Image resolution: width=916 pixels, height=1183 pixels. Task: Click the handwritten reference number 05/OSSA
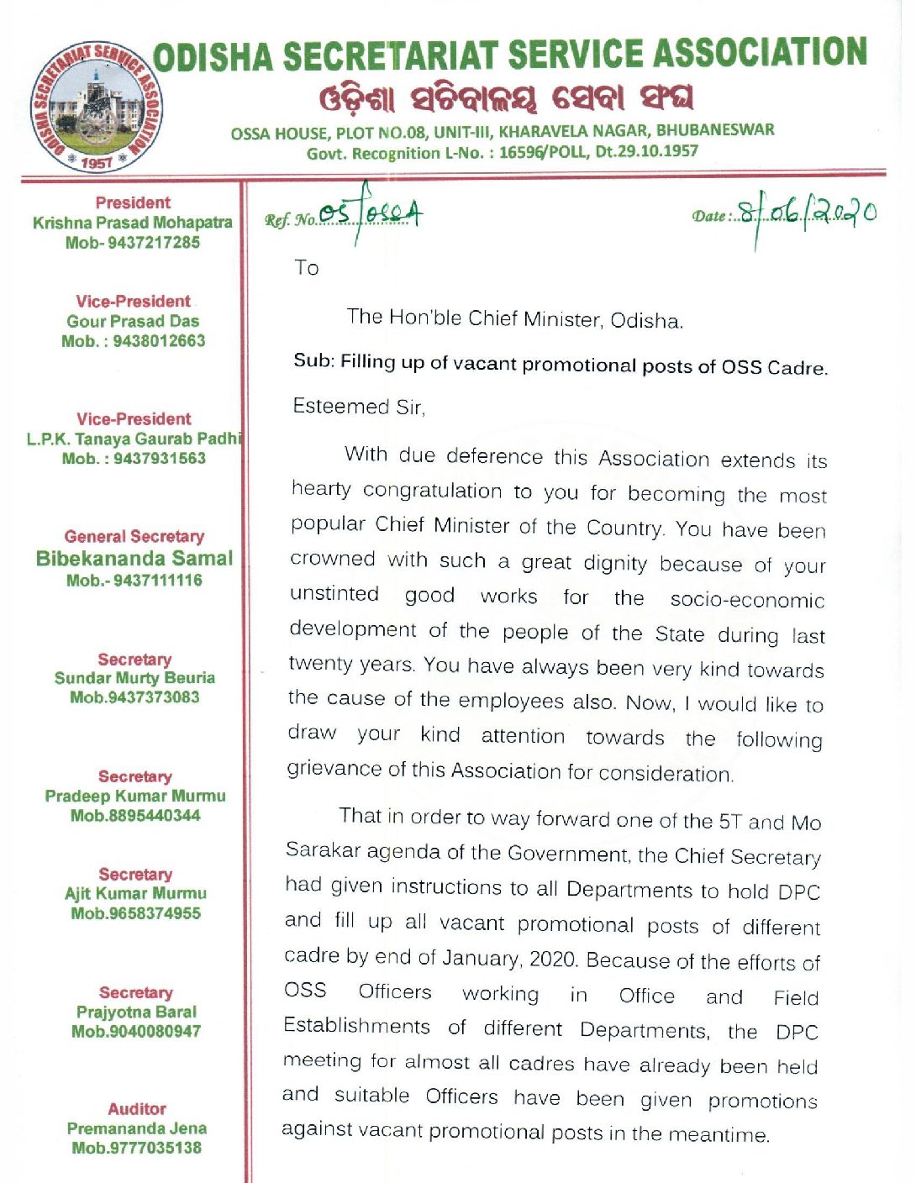pos(370,214)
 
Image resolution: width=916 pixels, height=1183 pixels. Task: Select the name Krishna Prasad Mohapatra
pos(133,223)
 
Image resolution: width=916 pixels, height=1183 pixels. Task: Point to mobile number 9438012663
pos(159,341)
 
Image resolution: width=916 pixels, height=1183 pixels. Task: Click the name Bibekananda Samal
pos(134,559)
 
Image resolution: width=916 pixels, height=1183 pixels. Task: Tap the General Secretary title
pos(134,537)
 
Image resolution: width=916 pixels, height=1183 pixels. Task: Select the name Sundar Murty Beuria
pos(134,678)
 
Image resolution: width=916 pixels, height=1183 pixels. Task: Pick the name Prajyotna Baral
pos(136,1012)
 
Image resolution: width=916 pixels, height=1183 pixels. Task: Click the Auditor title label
pos(137,1109)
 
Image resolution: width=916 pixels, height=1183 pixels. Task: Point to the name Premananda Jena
pos(137,1128)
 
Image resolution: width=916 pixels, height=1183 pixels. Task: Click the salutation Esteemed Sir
pos(359,407)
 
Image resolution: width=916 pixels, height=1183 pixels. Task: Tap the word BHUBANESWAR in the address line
pos(715,130)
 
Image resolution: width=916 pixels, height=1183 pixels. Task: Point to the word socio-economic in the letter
pos(747,600)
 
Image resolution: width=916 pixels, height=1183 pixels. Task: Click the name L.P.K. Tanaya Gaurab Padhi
pos(134,439)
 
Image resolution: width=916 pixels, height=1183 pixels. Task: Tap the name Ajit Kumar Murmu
pos(135,893)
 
